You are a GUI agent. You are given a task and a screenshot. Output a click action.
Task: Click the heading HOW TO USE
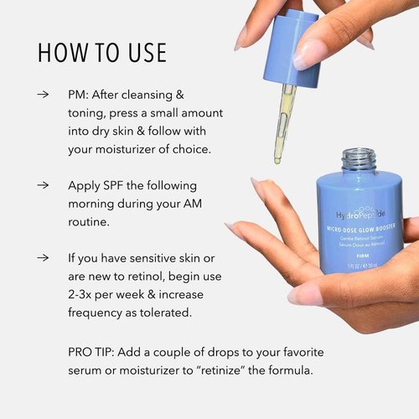pyautogui.click(x=101, y=51)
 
